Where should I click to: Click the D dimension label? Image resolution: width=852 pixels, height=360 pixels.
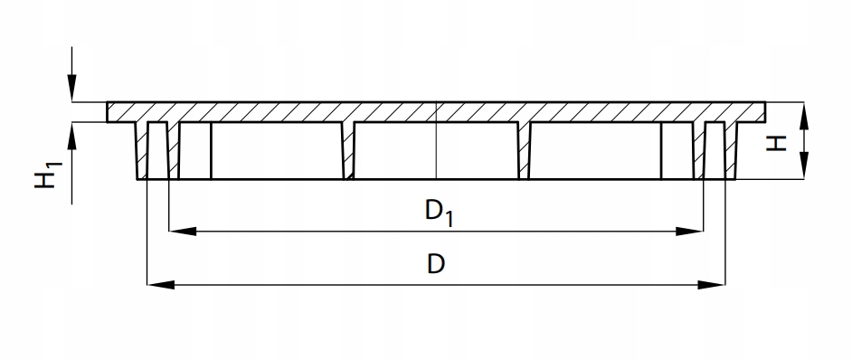click(436, 264)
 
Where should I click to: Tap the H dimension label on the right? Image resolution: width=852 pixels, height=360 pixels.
click(776, 143)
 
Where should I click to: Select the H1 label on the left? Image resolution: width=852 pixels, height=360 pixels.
click(48, 175)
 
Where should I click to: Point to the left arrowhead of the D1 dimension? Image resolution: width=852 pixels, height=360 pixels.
click(183, 232)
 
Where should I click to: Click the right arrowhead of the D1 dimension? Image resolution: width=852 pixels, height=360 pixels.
click(689, 232)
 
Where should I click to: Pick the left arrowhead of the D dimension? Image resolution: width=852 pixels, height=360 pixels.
click(161, 284)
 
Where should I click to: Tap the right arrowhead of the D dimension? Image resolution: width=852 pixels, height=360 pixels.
click(711, 284)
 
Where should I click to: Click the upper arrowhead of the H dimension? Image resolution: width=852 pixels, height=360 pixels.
click(804, 116)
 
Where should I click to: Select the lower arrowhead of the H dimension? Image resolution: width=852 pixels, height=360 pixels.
click(804, 166)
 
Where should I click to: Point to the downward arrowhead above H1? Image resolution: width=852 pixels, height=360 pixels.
click(71, 88)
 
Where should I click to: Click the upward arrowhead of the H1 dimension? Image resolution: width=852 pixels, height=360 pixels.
click(71, 136)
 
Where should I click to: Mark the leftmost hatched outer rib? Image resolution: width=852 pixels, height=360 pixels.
click(142, 151)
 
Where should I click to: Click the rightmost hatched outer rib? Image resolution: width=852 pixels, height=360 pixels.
click(731, 151)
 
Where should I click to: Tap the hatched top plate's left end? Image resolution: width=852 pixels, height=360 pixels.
click(108, 112)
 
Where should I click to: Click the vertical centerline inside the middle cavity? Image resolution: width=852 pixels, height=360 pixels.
click(436, 151)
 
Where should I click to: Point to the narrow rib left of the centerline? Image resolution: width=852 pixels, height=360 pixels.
click(348, 151)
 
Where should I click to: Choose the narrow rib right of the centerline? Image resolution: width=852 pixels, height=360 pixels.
click(524, 151)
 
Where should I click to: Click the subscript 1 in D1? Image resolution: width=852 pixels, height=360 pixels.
click(449, 219)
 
